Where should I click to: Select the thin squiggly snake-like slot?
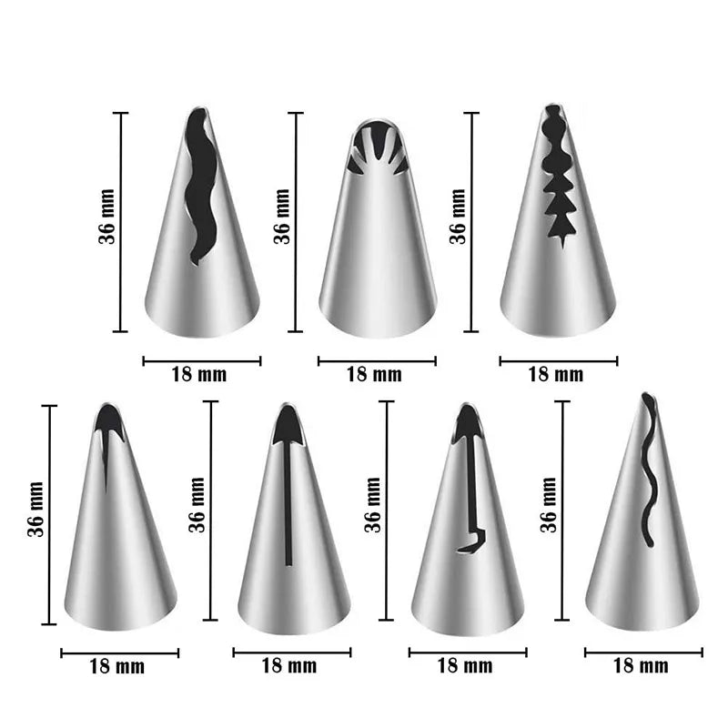point(649,469)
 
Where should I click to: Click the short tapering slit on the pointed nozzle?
point(106,460)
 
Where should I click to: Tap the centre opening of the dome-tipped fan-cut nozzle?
point(378,140)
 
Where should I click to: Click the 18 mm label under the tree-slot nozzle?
point(556,375)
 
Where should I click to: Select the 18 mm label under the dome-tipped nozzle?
point(374,375)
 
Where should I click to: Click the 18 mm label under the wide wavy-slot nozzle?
point(199,375)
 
